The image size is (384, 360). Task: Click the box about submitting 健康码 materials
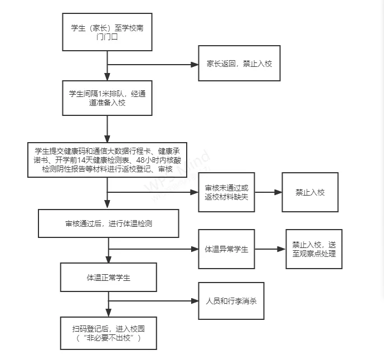[x=107, y=159]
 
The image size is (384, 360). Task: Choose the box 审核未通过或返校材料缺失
[x=227, y=192]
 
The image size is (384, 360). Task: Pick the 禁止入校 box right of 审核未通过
[x=310, y=192]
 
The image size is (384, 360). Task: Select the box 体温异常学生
[x=227, y=249]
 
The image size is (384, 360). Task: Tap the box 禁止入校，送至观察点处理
[x=314, y=249]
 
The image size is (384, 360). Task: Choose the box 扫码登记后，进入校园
[x=108, y=333]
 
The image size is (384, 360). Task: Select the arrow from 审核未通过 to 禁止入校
[x=268, y=192]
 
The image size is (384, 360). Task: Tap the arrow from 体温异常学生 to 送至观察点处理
[x=270, y=249]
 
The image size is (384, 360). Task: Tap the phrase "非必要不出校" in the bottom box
[x=108, y=338]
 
